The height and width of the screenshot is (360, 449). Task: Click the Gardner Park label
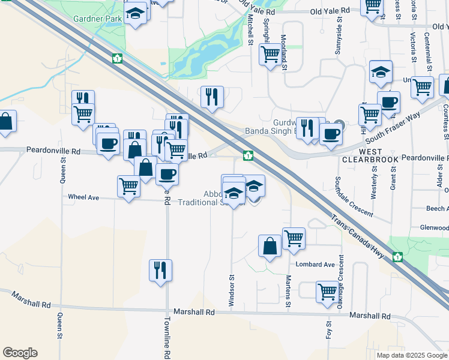point(98,19)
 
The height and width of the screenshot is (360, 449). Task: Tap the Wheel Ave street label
point(83,197)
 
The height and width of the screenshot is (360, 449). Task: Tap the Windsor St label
point(231,291)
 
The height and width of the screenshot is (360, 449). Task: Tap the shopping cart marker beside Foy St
point(327,292)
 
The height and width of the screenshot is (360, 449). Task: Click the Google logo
point(20,352)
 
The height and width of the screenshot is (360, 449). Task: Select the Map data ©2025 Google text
point(411,355)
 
